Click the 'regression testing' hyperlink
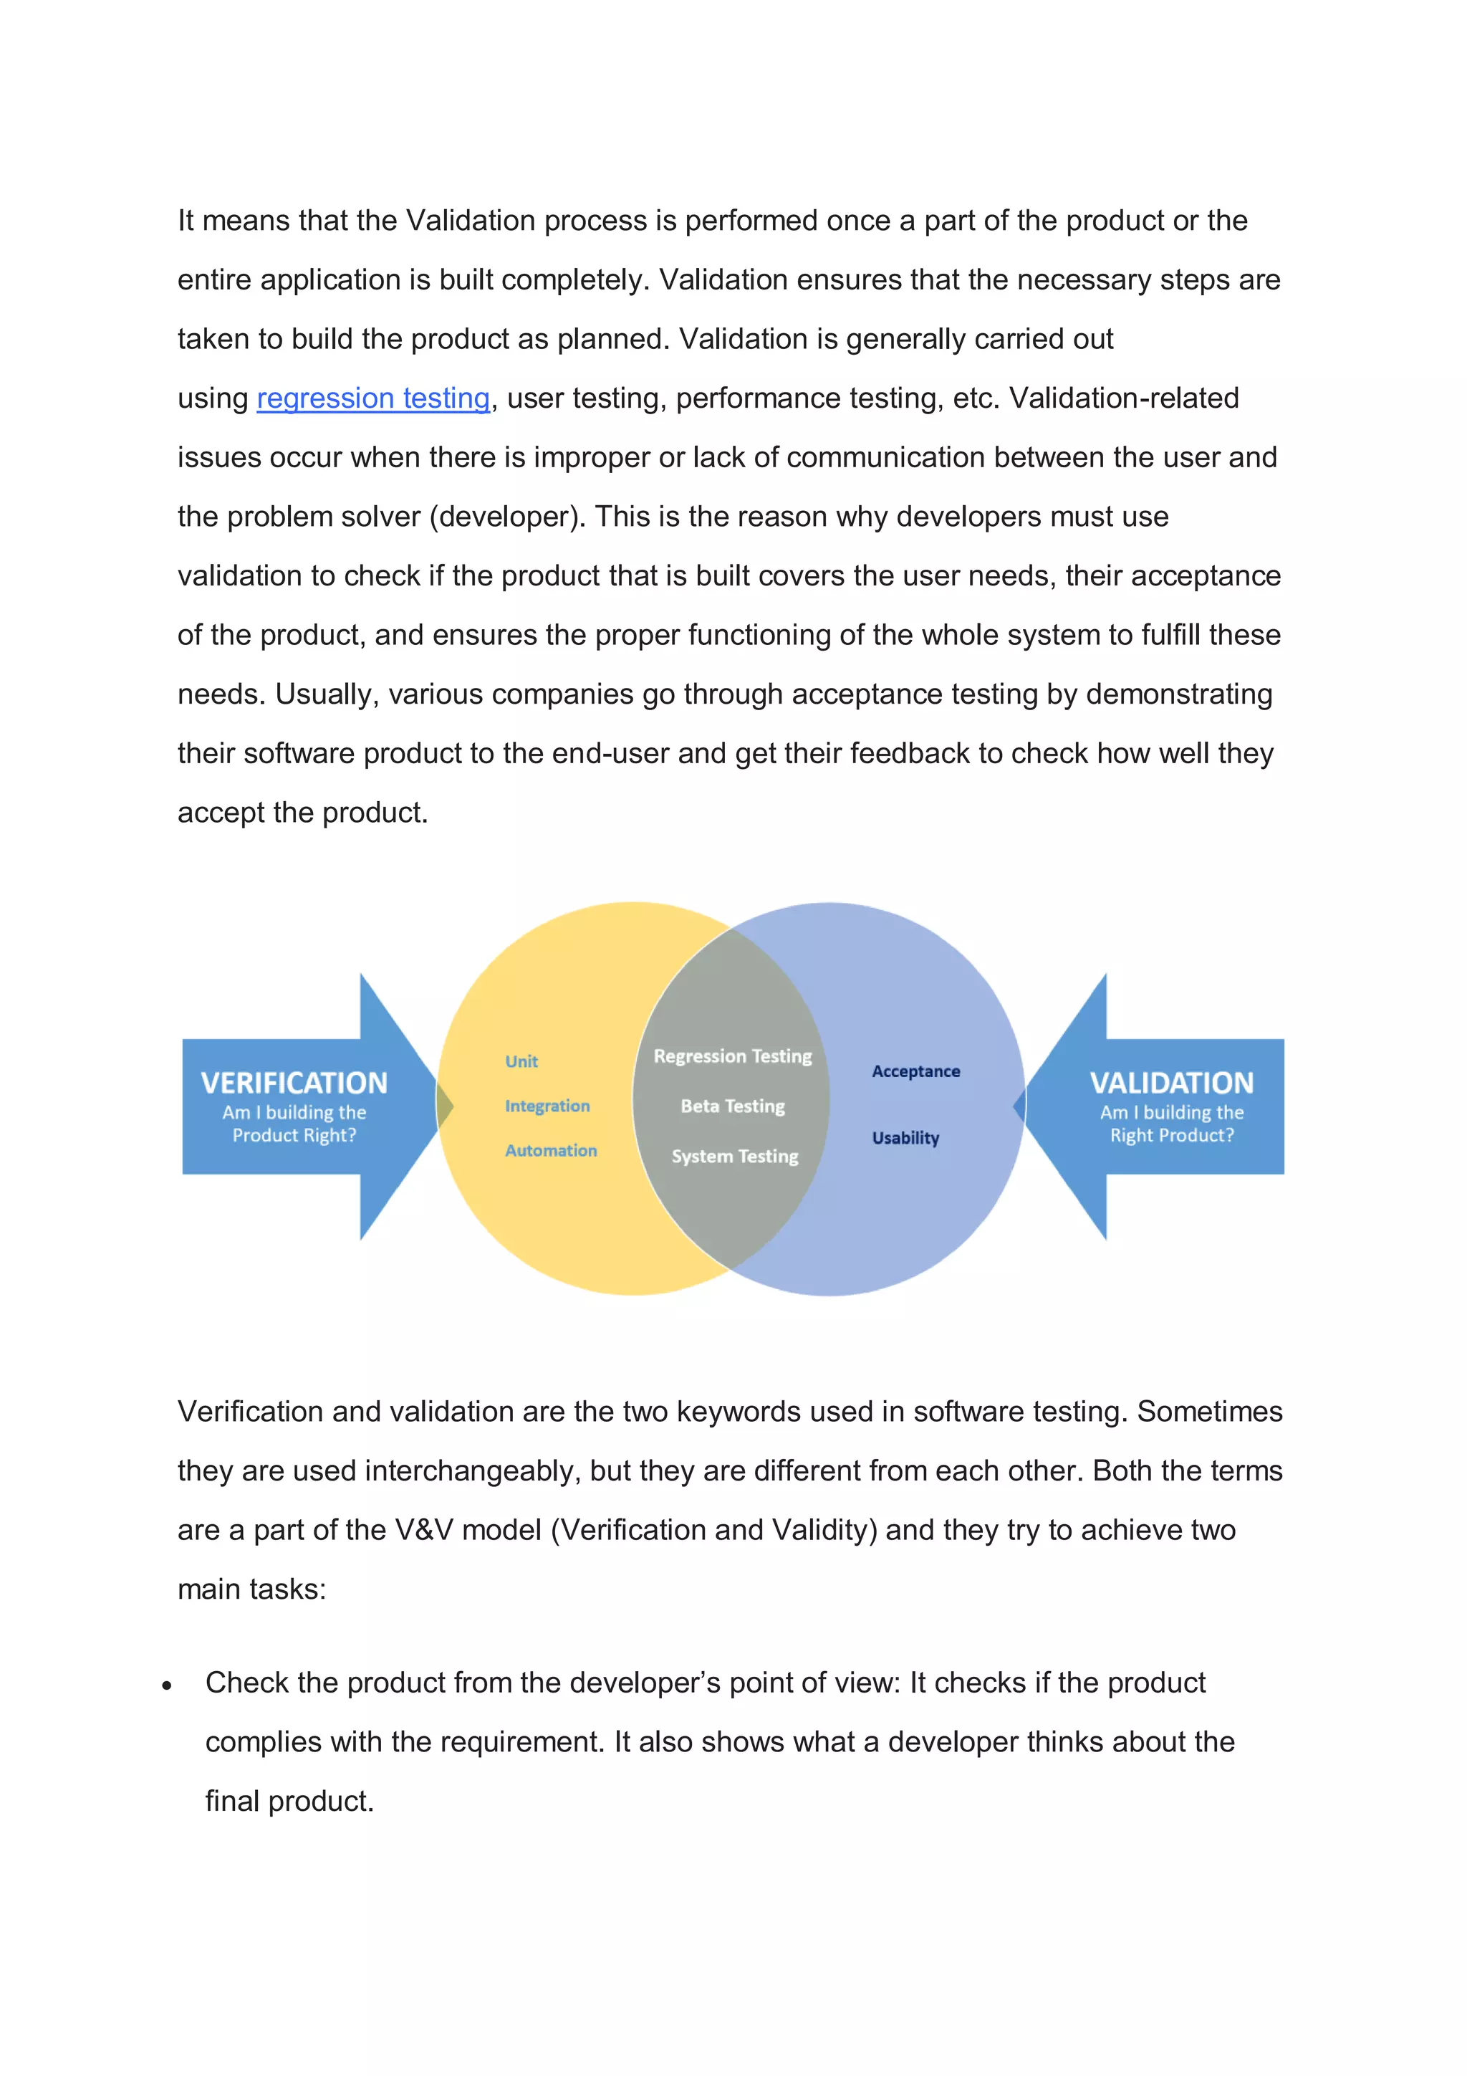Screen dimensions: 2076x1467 tap(372, 398)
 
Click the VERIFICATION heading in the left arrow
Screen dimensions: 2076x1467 tap(294, 1082)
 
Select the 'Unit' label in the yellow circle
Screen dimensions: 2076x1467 tap(521, 1061)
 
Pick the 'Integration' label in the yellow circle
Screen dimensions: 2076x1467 tap(547, 1106)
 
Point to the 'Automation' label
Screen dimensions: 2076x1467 tap(550, 1150)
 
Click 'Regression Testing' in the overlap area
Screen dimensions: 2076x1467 tap(733, 1056)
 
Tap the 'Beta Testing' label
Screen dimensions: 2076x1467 tap(733, 1106)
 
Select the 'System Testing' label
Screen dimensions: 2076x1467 tap(735, 1157)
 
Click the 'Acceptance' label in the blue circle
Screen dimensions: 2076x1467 tap(915, 1071)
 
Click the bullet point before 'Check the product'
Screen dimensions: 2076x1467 tap(167, 1685)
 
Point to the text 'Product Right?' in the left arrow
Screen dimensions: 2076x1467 tap(294, 1136)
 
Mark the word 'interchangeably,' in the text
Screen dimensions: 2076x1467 tap(473, 1471)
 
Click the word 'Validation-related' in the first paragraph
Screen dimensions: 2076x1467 tap(1123, 398)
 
